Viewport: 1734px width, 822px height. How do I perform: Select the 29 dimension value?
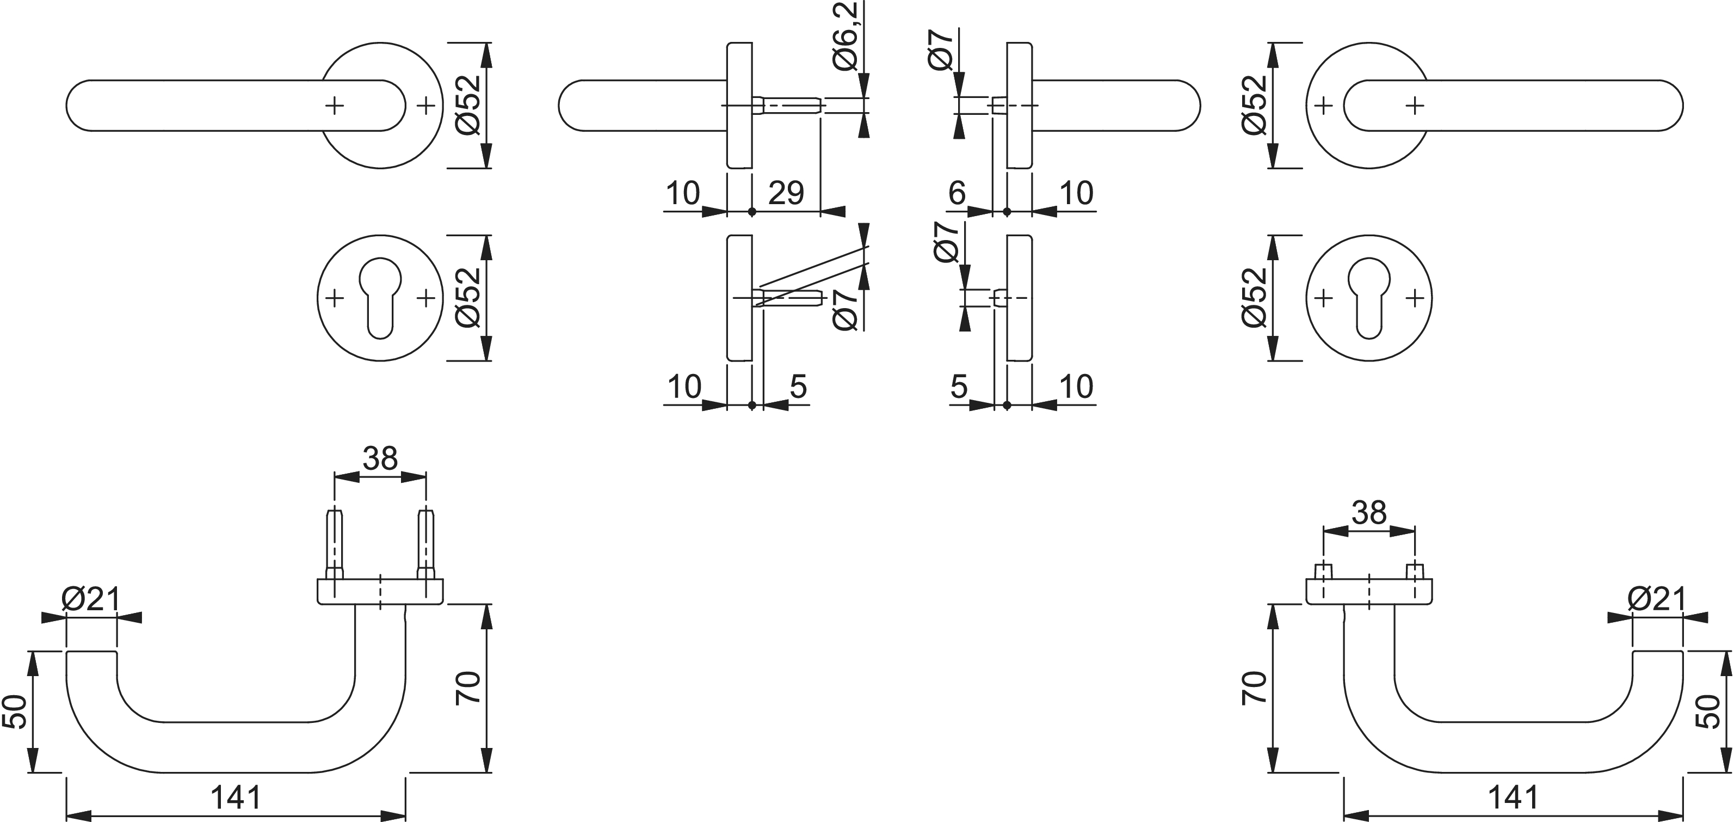pyautogui.click(x=786, y=194)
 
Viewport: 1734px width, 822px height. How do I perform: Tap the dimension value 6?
pyautogui.click(x=957, y=193)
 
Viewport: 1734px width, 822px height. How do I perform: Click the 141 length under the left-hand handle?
pyautogui.click(x=235, y=798)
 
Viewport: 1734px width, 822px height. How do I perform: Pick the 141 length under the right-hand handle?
pyautogui.click(x=1513, y=798)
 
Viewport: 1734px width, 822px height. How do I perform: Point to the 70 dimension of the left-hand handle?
pyautogui.click(x=468, y=688)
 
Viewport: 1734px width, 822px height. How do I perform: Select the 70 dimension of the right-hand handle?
pyautogui.click(x=1254, y=688)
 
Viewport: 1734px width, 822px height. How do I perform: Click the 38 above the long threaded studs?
pyautogui.click(x=380, y=459)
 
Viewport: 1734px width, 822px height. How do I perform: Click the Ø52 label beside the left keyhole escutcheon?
pyautogui.click(x=468, y=298)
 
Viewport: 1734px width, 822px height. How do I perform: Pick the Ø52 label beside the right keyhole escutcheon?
pyautogui.click(x=1254, y=298)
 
